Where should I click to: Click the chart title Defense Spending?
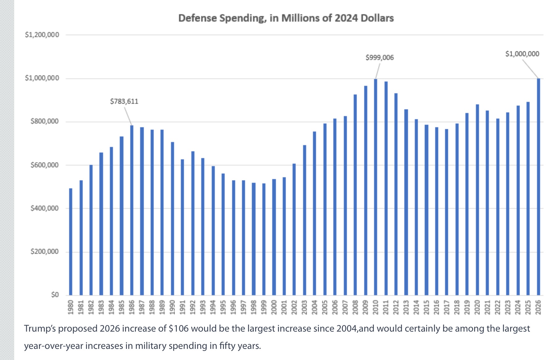tap(286, 18)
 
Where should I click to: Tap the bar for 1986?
tap(132, 210)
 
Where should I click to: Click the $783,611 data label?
tap(124, 101)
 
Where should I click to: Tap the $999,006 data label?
tap(380, 57)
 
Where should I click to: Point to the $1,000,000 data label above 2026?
tap(522, 54)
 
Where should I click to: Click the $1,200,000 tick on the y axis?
tap(42, 35)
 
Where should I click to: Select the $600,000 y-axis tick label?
tap(44, 165)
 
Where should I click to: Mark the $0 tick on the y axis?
tap(55, 295)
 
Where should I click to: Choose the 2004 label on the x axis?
tap(314, 307)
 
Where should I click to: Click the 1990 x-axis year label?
tap(172, 307)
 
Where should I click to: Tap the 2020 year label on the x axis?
tap(477, 307)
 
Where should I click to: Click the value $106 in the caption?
tap(179, 329)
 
